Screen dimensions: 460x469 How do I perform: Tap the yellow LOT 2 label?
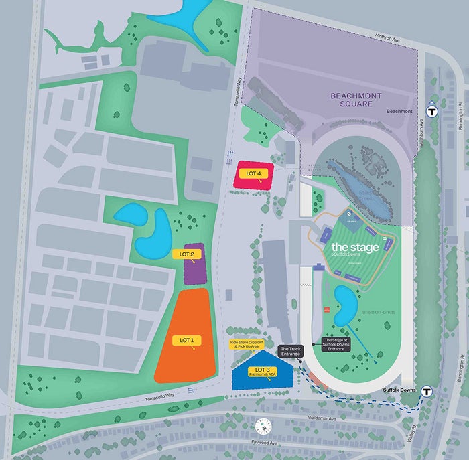(187, 254)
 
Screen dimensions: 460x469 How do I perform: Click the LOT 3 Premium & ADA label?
(261, 372)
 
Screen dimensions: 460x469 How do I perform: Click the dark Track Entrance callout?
(291, 352)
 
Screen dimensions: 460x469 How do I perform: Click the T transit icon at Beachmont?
(431, 112)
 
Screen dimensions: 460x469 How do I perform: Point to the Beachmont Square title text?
(359, 100)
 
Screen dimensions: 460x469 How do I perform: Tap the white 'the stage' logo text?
(354, 247)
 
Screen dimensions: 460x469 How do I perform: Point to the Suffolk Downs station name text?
(399, 389)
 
